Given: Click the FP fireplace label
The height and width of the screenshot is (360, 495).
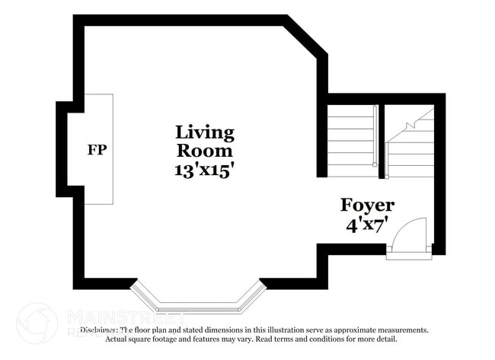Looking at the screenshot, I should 97,149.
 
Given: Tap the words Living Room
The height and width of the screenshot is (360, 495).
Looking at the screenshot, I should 205,141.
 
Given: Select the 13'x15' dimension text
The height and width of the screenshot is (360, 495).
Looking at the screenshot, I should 204,170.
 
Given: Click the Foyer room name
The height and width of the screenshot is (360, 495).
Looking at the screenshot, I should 367,205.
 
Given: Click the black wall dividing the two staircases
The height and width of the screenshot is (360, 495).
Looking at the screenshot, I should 382,141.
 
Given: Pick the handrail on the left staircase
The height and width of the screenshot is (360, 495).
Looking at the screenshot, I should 375,137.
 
